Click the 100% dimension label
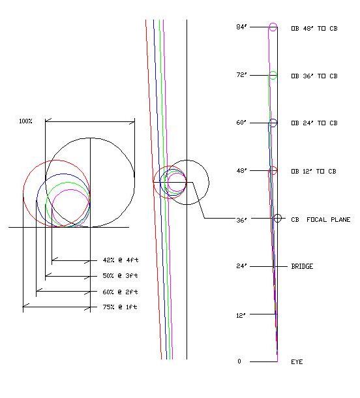[25, 121]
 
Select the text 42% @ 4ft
[121, 260]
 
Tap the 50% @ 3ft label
[120, 275]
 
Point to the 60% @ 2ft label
[120, 292]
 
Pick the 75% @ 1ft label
[120, 307]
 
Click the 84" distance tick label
[241, 27]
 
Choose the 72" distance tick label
[241, 75]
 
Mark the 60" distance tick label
[241, 123]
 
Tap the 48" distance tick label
[241, 170]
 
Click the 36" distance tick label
[241, 220]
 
